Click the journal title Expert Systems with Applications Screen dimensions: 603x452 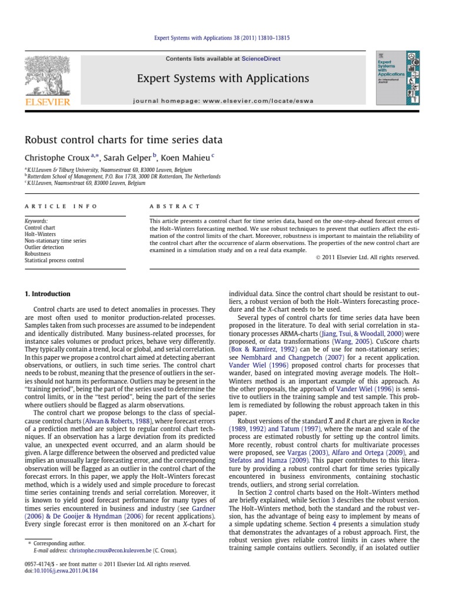pos(223,78)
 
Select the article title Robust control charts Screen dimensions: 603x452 pos(123,140)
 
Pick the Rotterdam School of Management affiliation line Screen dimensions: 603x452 pos(124,176)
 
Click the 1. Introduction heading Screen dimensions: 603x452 pos(47,294)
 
